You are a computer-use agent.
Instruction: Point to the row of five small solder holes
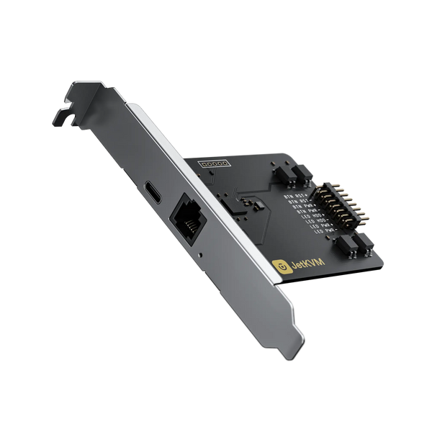tap(213, 164)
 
